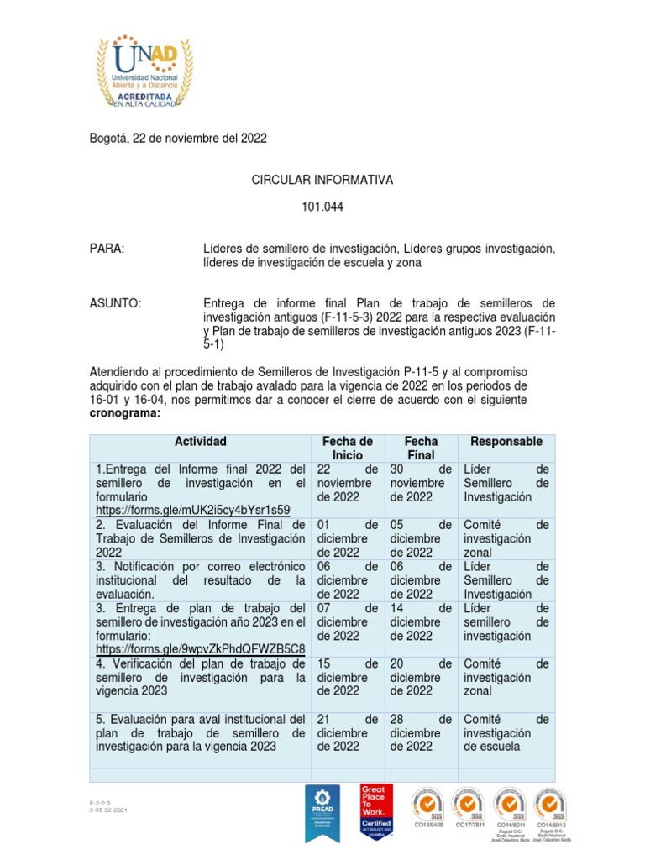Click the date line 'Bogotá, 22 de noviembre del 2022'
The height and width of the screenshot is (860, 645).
(177, 138)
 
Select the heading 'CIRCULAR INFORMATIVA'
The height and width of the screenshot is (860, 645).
(322, 180)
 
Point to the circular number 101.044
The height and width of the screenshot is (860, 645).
(322, 206)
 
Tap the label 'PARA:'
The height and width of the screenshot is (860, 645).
(107, 249)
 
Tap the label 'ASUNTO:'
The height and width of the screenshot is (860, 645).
(115, 303)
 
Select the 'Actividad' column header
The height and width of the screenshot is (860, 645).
(200, 442)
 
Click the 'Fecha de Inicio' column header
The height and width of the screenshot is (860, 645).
(347, 448)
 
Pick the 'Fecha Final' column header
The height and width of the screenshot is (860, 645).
(421, 448)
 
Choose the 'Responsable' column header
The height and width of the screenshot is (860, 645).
(506, 442)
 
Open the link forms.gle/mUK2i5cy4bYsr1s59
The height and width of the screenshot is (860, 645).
(192, 510)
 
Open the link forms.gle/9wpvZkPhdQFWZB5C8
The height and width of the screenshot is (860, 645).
(200, 649)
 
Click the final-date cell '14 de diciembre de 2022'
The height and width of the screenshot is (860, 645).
(421, 621)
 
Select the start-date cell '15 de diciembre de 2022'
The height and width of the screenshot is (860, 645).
(347, 677)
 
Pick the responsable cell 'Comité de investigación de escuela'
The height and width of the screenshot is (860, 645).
(506, 732)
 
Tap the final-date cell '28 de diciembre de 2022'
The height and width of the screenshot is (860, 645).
(421, 732)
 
